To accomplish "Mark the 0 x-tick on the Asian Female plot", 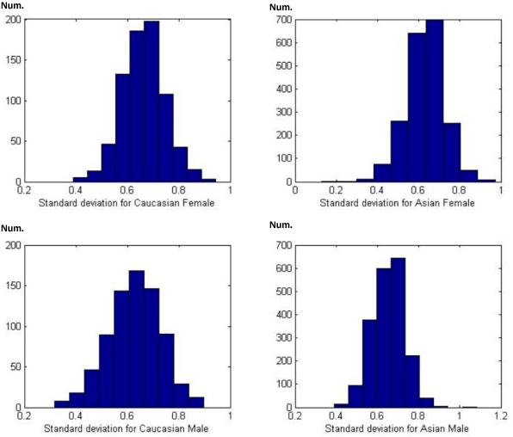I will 295,190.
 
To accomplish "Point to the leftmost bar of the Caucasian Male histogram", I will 60,403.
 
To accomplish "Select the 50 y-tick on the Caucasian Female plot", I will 16,141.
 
